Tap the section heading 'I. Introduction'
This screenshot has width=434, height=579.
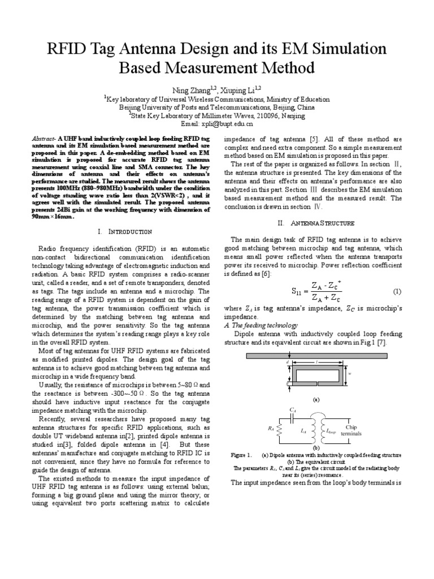point(125,231)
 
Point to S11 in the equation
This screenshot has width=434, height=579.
point(297,292)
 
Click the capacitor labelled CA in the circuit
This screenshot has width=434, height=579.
point(292,418)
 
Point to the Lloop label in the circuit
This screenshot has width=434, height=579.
point(331,432)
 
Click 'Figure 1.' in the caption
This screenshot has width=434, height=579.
point(240,455)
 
